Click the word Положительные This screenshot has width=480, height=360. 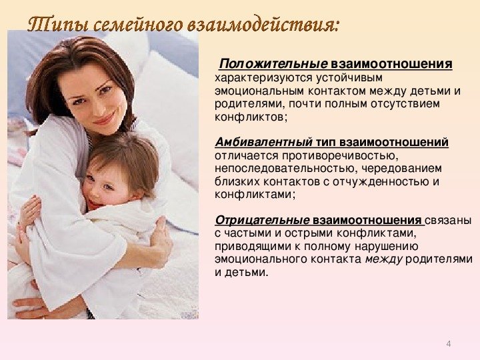point(273,64)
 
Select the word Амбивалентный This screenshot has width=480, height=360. point(263,142)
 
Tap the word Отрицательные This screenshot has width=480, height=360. point(262,220)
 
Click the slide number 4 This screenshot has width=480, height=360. point(449,344)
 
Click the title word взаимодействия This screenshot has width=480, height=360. point(263,25)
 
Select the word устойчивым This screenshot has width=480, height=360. point(349,78)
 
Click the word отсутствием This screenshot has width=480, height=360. point(405,104)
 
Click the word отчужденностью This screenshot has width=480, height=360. point(381,181)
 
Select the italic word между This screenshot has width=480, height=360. point(383,259)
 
